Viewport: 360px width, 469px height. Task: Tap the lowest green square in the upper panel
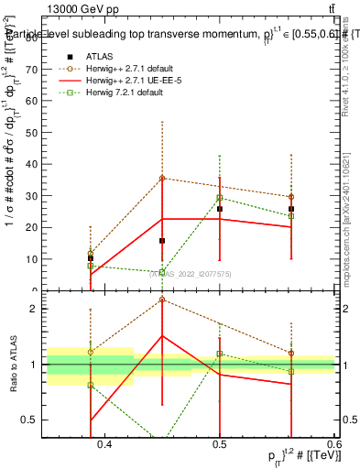point(162,272)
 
